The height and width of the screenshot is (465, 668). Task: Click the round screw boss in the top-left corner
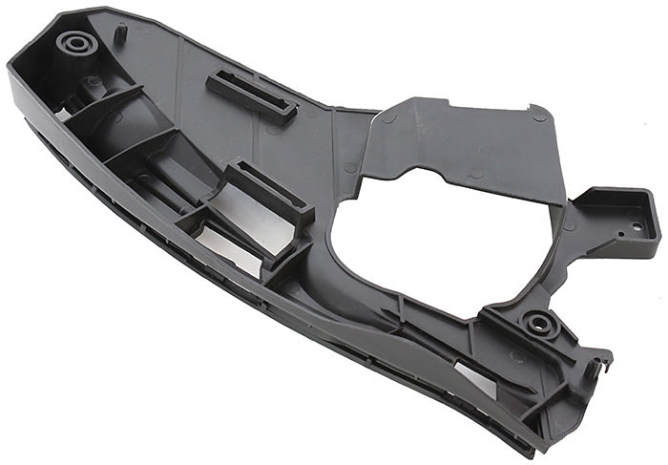pos(75,43)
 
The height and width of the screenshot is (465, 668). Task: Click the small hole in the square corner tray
pos(637,226)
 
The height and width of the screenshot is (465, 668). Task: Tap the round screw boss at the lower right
pos(540,324)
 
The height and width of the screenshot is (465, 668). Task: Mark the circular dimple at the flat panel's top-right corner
pos(539,116)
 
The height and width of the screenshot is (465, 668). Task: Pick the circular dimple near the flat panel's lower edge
pos(474,174)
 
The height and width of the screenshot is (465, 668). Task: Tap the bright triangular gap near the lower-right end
pos(474,377)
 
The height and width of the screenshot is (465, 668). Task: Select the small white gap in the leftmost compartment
pos(59,114)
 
